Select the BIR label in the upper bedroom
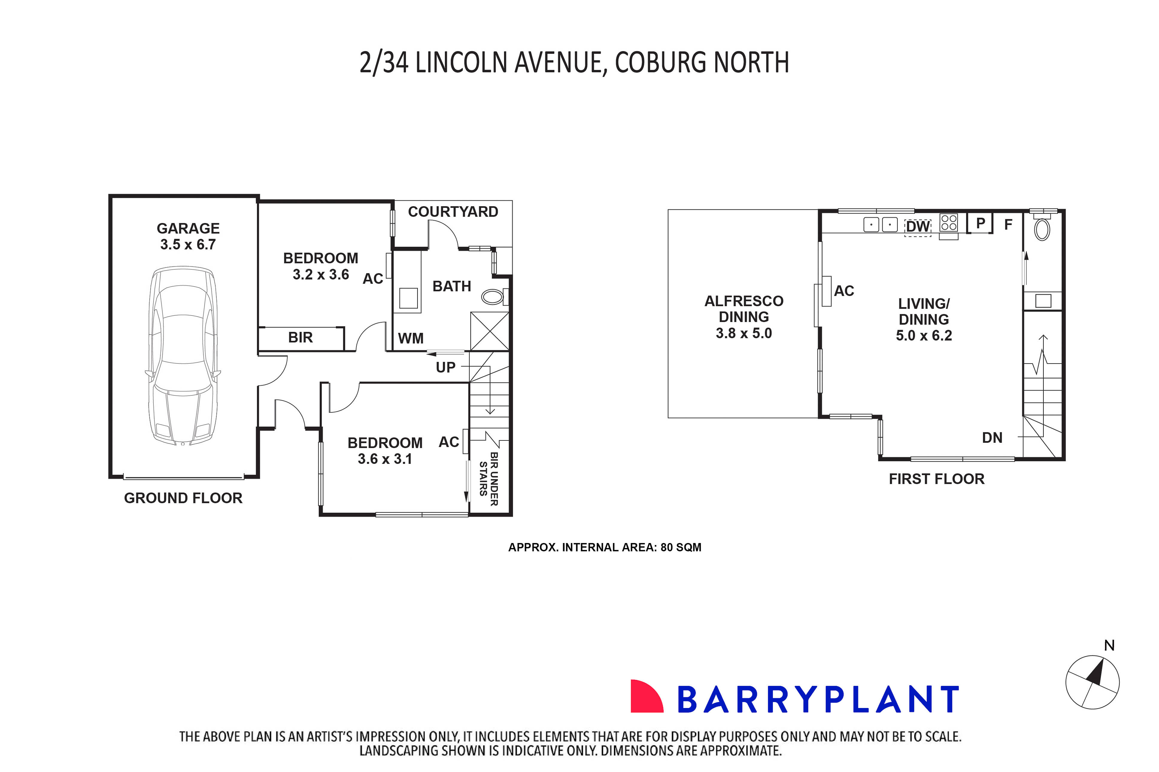(300, 338)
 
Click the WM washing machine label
(410, 339)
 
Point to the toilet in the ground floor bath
(492, 297)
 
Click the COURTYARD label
(453, 212)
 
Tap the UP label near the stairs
(445, 367)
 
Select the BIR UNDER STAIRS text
(489, 479)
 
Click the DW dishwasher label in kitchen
(917, 226)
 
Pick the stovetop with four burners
(949, 222)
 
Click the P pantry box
(980, 223)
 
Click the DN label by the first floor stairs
(992, 438)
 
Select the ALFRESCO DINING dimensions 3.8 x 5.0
(744, 333)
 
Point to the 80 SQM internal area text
(680, 547)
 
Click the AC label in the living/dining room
(844, 291)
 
